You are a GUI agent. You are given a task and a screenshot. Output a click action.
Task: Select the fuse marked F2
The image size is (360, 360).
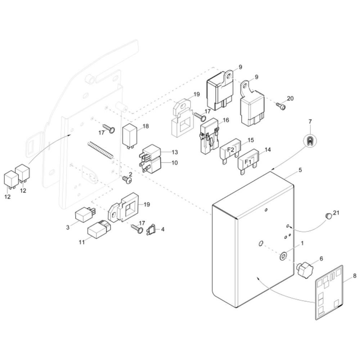(x=231, y=150)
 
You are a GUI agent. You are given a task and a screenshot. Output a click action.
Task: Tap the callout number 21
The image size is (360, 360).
(x=336, y=213)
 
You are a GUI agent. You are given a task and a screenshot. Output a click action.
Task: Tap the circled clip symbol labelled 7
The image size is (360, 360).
(x=310, y=141)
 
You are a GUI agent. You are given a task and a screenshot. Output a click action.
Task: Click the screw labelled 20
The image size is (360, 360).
(x=280, y=105)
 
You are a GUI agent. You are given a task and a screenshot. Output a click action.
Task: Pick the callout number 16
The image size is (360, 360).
(x=226, y=120)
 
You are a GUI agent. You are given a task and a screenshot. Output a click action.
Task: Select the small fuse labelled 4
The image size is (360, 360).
(x=152, y=229)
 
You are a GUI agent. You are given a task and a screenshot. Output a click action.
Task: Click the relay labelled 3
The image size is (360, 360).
(x=84, y=215)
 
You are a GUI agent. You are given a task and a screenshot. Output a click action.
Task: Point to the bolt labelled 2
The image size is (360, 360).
(x=126, y=179)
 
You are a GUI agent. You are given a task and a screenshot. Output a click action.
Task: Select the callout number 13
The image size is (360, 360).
(x=175, y=152)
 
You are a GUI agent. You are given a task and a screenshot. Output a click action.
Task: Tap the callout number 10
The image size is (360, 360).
(x=175, y=163)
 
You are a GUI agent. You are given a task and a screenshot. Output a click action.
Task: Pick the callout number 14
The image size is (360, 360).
(x=267, y=149)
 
